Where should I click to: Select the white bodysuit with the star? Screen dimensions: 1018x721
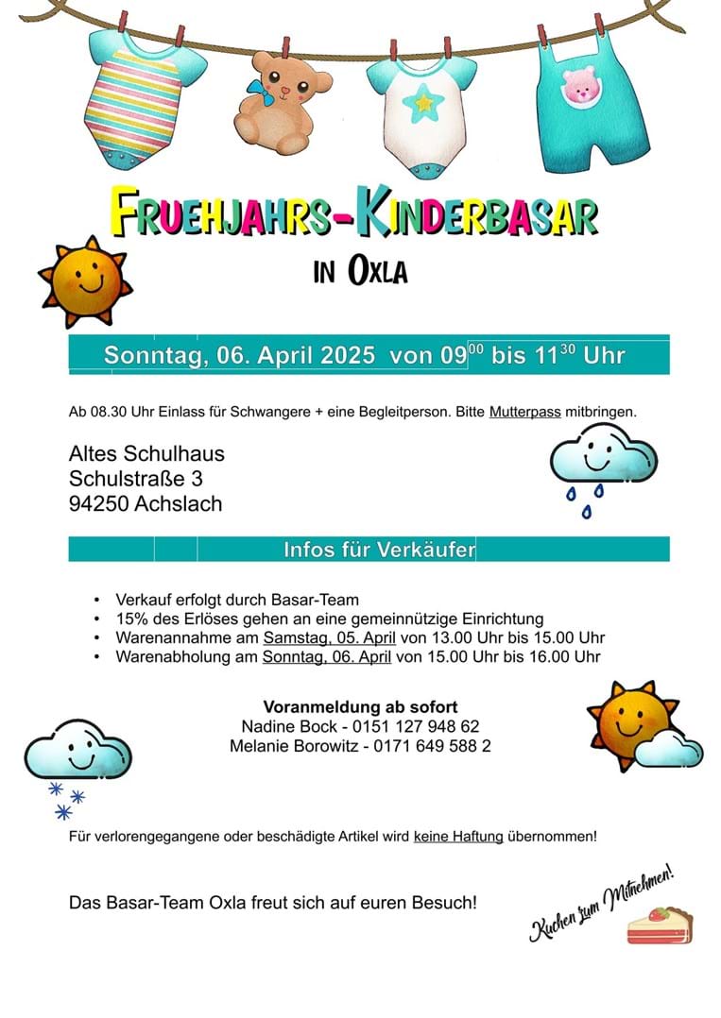pyautogui.click(x=421, y=109)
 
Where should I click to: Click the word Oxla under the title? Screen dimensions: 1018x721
pyautogui.click(x=378, y=272)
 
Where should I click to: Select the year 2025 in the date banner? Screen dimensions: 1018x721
pyautogui.click(x=348, y=355)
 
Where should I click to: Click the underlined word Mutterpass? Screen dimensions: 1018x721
pyautogui.click(x=524, y=413)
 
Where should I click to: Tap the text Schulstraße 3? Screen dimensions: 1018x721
pyautogui.click(x=135, y=479)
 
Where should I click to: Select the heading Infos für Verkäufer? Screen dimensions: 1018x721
pyautogui.click(x=379, y=550)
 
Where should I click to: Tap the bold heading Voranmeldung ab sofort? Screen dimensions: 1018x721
pyautogui.click(x=360, y=706)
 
